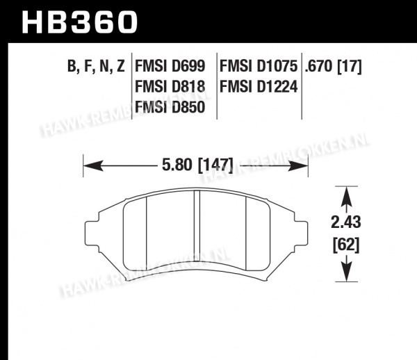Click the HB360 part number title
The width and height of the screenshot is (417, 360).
click(x=79, y=22)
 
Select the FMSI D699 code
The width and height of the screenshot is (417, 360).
click(x=170, y=66)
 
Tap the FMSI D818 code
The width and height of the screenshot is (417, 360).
click(x=170, y=87)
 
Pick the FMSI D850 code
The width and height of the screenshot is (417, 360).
click(x=170, y=107)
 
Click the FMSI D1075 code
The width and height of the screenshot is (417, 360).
click(x=259, y=66)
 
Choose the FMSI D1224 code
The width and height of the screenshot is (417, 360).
click(x=259, y=87)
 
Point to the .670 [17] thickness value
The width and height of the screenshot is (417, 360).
click(x=333, y=66)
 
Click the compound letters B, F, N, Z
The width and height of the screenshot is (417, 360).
click(x=96, y=67)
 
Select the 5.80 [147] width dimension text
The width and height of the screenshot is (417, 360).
click(x=197, y=165)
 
